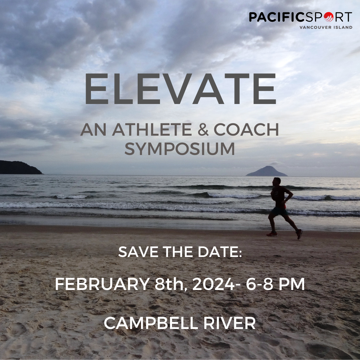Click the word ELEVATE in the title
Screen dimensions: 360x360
[180, 89]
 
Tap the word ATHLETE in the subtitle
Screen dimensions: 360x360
[152, 129]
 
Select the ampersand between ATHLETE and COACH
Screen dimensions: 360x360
[203, 129]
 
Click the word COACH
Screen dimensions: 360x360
[246, 129]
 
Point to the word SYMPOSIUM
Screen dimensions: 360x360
[180, 149]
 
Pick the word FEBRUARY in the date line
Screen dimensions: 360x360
[102, 284]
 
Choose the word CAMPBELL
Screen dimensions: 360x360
[151, 323]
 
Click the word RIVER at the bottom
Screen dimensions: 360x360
[229, 323]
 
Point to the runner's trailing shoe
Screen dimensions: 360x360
[299, 234]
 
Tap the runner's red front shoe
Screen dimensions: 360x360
[272, 234]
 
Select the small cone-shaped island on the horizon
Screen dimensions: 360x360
[267, 171]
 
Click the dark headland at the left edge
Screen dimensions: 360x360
[20, 168]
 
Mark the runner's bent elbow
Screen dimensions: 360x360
[292, 195]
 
